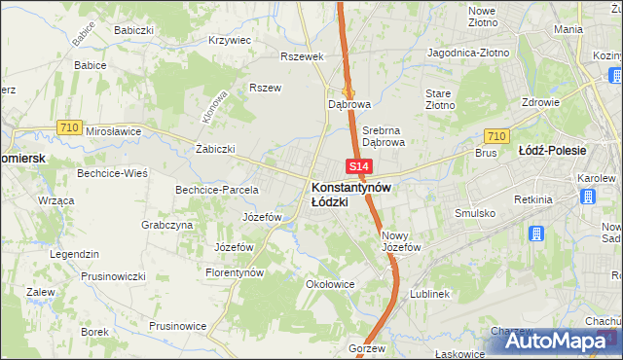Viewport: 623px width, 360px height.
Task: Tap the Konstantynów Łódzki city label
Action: click(x=350, y=193)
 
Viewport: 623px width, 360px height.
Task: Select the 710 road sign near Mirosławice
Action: click(x=68, y=127)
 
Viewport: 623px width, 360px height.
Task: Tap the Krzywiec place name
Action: click(x=230, y=41)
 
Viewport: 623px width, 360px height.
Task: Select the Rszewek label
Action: click(x=301, y=56)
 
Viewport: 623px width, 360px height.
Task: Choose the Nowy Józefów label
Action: click(x=400, y=241)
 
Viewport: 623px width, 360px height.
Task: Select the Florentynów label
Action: click(x=235, y=273)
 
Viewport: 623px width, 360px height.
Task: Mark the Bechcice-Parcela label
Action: click(x=216, y=190)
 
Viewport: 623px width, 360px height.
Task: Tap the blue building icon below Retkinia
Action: click(x=536, y=234)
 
